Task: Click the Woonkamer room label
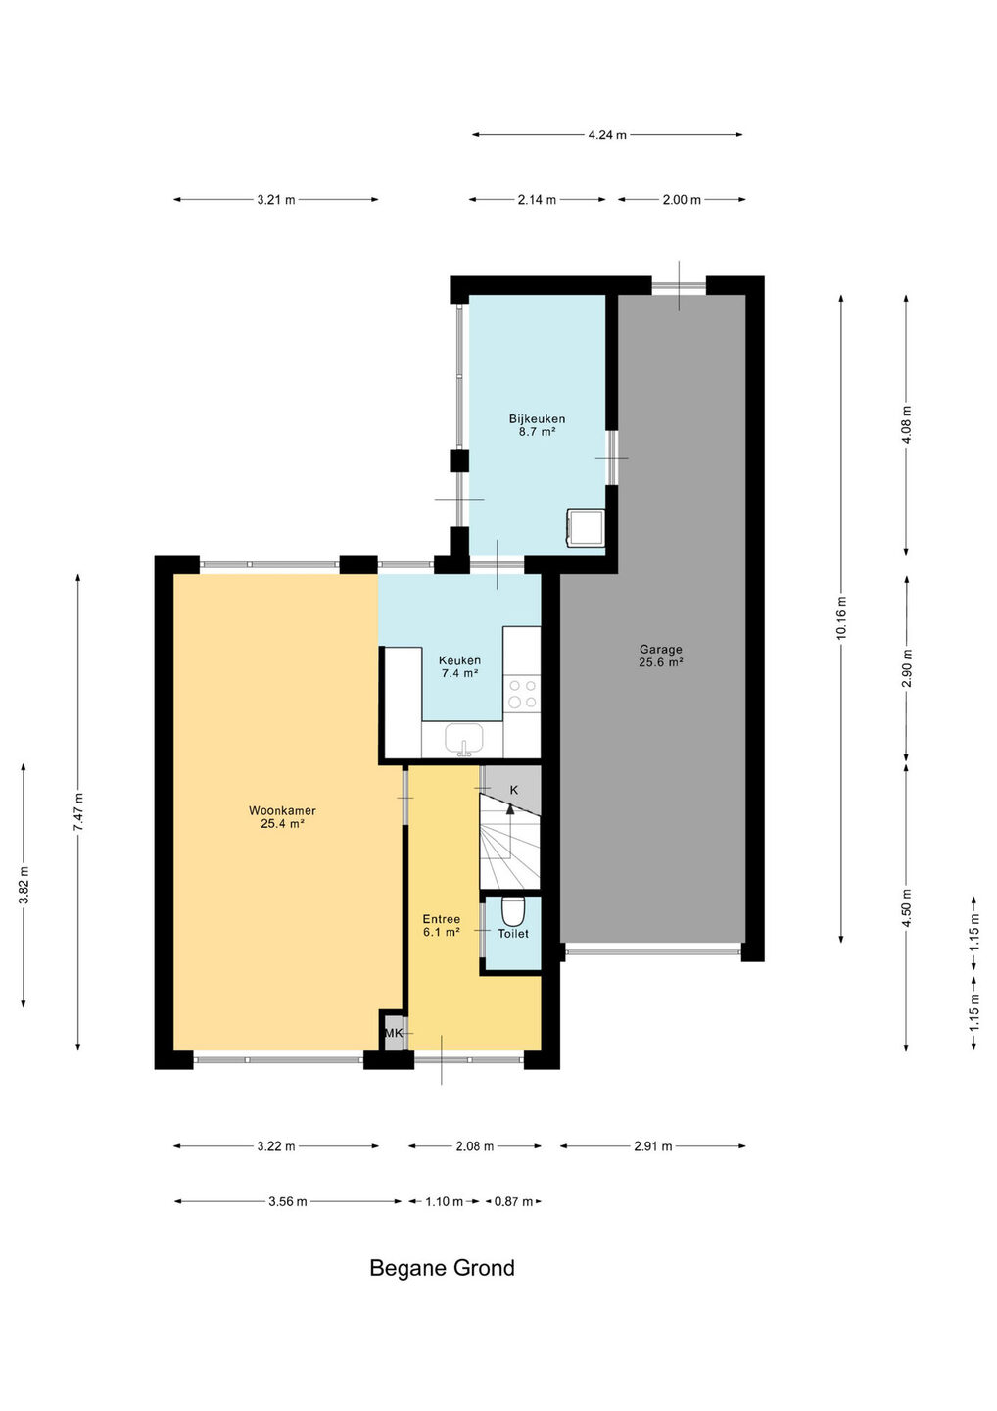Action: click(x=282, y=817)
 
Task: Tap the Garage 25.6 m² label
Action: click(x=660, y=656)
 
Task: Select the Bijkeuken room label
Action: click(x=537, y=425)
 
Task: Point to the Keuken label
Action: click(x=459, y=666)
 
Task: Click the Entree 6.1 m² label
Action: click(x=442, y=926)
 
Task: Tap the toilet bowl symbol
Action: click(x=513, y=911)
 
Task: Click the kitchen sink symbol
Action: click(x=464, y=740)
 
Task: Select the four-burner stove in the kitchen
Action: click(x=522, y=694)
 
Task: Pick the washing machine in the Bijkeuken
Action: click(x=586, y=528)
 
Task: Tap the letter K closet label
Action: click(x=513, y=790)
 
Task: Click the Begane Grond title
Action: click(x=442, y=1267)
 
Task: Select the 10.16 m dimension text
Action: click(x=841, y=617)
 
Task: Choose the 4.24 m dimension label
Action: click(x=607, y=135)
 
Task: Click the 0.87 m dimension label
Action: click(x=513, y=1202)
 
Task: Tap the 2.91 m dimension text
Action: click(x=652, y=1146)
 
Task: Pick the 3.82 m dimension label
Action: click(x=24, y=885)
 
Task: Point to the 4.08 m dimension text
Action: click(x=906, y=424)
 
